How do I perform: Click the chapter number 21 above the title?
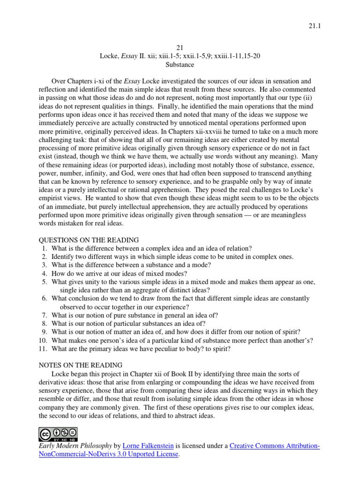click(180, 47)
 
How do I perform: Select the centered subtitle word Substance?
click(180, 64)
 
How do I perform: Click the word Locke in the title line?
click(109, 56)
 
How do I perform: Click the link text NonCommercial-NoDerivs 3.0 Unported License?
click(108, 454)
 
